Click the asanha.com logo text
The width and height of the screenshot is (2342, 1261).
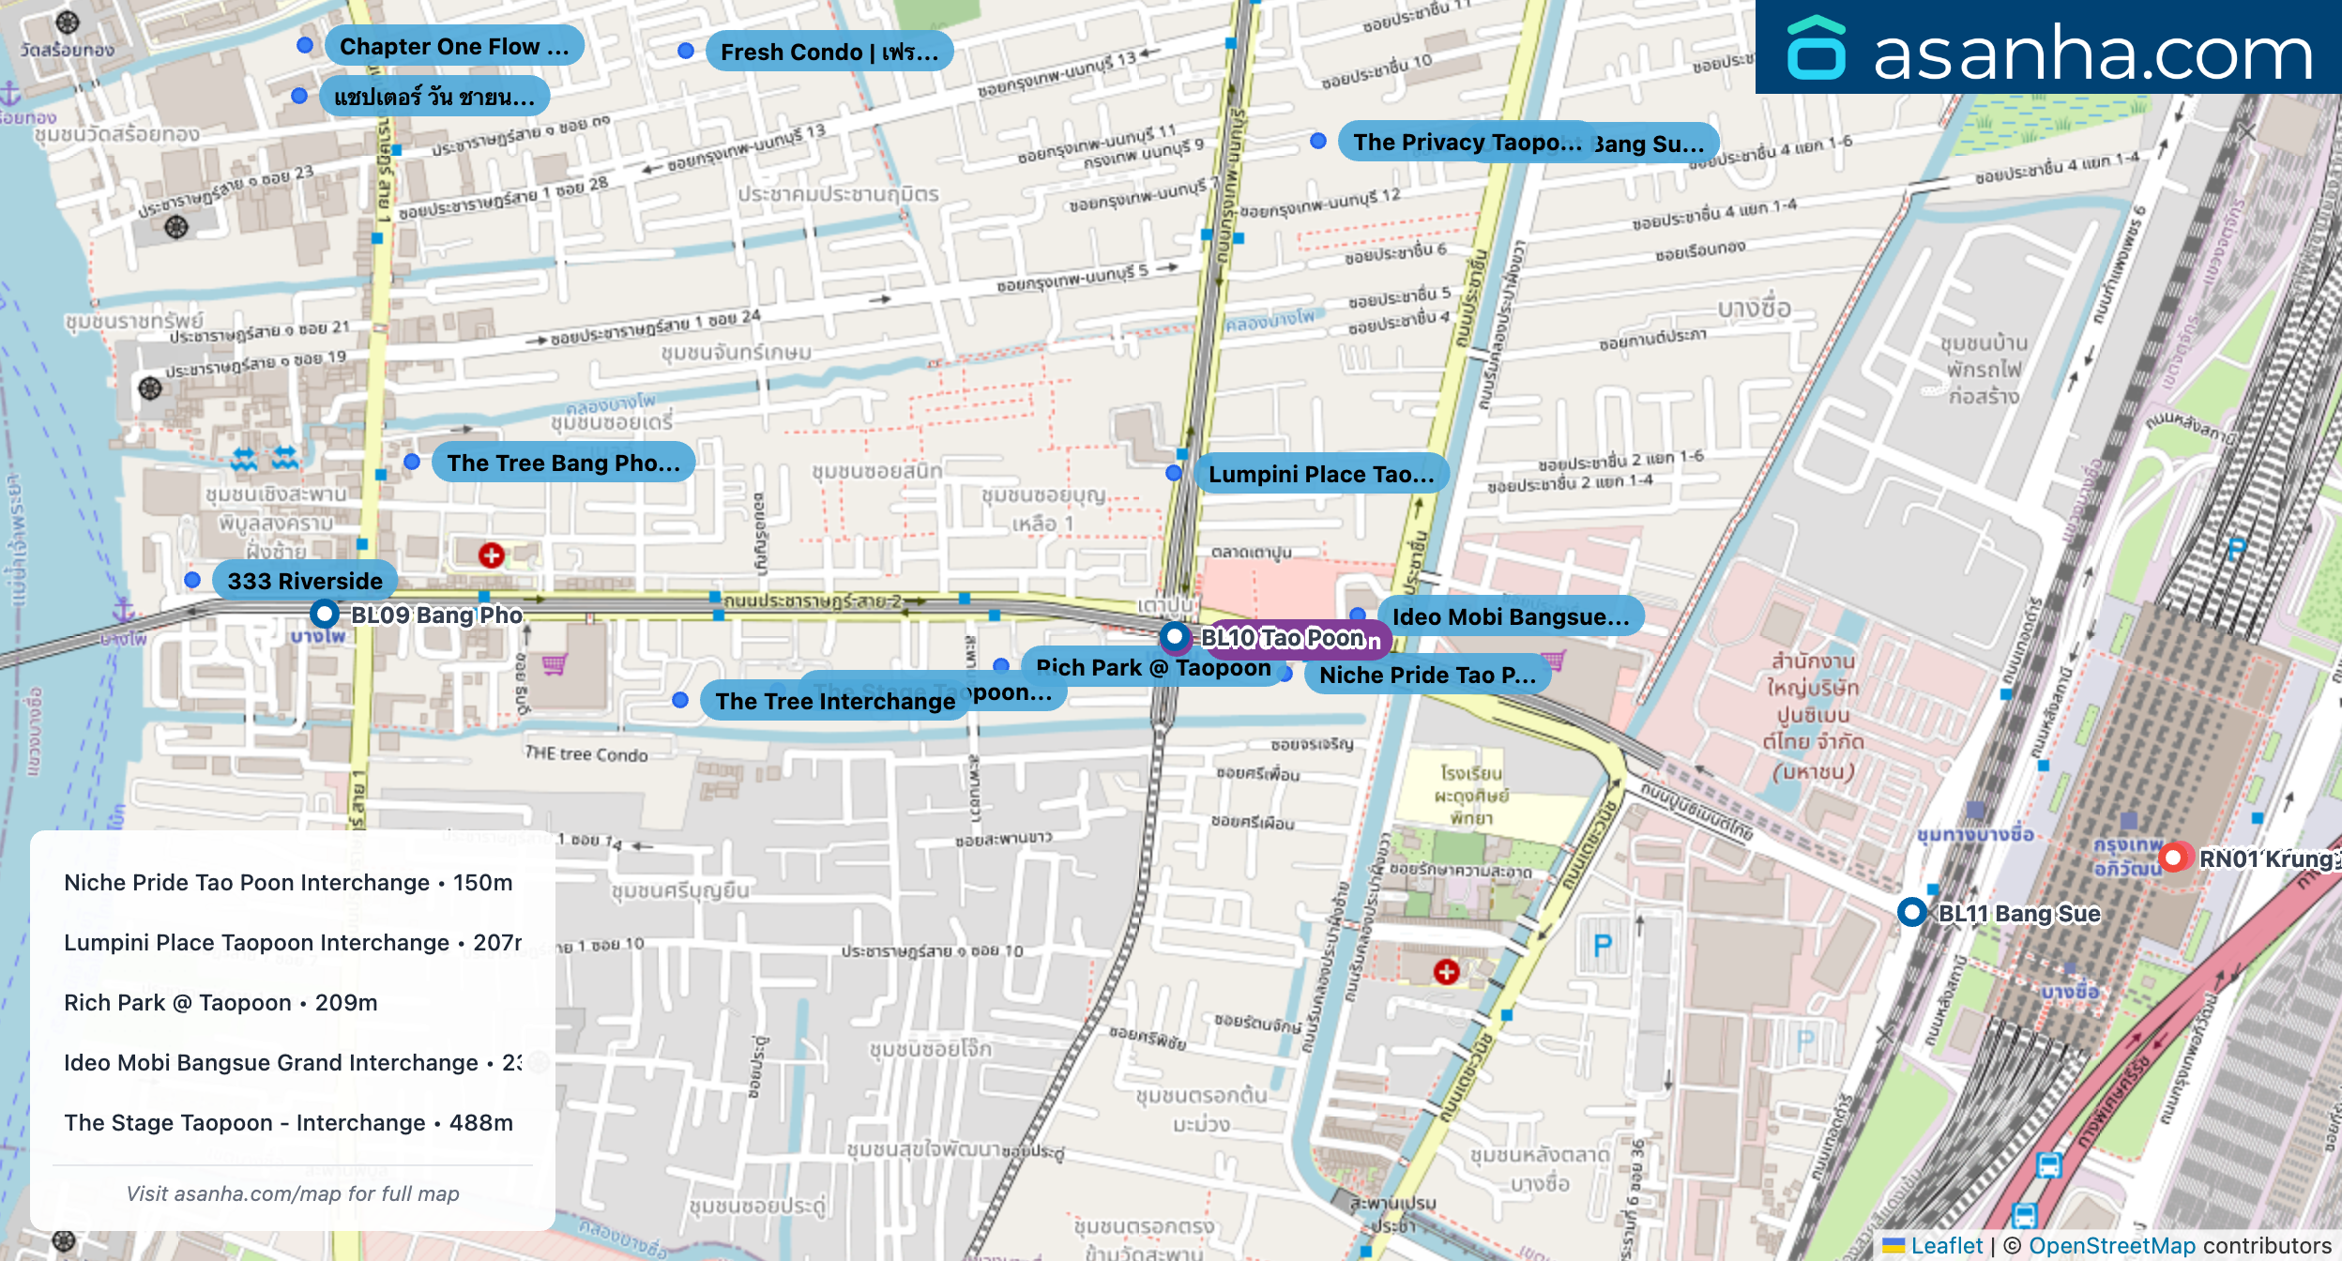pos(2092,54)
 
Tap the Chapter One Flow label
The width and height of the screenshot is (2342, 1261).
pos(454,47)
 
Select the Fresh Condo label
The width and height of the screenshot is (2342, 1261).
pos(829,53)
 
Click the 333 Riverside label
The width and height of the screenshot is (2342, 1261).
pos(305,581)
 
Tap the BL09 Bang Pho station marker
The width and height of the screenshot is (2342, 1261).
pos(325,615)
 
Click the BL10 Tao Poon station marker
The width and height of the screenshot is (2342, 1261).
pos(1175,637)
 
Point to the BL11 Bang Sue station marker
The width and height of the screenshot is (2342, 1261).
pos(1911,912)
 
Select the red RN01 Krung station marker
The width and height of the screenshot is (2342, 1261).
pos(2172,858)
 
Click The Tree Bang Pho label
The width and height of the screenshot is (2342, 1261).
pos(563,463)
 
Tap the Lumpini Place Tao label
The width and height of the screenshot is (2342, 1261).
pos(1321,474)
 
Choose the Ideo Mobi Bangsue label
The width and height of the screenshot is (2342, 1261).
pos(1511,616)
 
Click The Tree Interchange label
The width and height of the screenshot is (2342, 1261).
pos(834,701)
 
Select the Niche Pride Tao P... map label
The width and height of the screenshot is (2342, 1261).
pos(1427,675)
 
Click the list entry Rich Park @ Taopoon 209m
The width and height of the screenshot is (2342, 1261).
pos(221,1002)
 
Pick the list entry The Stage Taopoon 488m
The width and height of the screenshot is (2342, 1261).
pos(288,1122)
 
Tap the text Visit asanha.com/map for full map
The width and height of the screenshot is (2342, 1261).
pos(293,1193)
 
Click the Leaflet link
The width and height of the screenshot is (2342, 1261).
pos(1946,1245)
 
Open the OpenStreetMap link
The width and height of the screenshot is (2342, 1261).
pos(2111,1245)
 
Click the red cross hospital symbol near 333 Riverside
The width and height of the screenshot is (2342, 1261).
pos(491,555)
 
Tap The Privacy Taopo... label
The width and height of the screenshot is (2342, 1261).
pos(1466,142)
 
